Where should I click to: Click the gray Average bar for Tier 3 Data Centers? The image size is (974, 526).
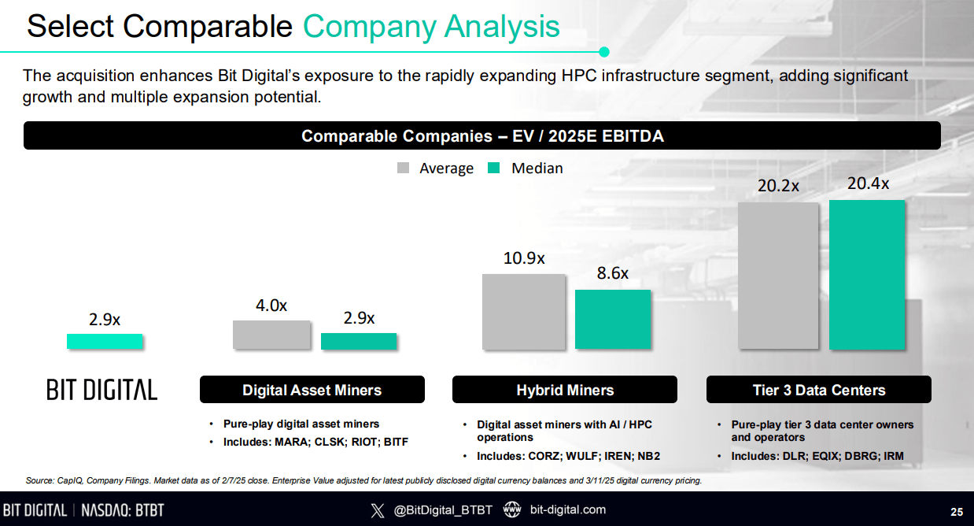(x=778, y=276)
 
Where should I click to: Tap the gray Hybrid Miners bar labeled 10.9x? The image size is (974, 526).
(x=523, y=312)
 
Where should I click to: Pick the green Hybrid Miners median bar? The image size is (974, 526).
(x=613, y=319)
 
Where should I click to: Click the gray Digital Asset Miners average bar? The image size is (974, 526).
(x=271, y=335)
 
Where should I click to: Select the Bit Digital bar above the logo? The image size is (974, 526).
(x=105, y=341)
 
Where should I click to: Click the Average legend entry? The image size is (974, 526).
(x=436, y=168)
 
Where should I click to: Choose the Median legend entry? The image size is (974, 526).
(x=526, y=168)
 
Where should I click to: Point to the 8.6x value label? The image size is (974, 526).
(x=613, y=273)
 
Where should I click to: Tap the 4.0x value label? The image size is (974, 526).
(x=271, y=306)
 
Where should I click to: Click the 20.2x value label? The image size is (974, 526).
(x=778, y=186)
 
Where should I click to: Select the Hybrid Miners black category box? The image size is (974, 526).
(x=565, y=390)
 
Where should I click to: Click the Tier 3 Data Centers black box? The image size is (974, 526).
(x=818, y=390)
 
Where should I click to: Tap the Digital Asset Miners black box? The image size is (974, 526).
(x=312, y=390)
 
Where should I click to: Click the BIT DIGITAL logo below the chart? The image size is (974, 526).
(x=101, y=389)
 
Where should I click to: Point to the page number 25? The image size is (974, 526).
(x=956, y=510)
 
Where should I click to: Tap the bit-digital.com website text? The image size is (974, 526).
(x=568, y=509)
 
